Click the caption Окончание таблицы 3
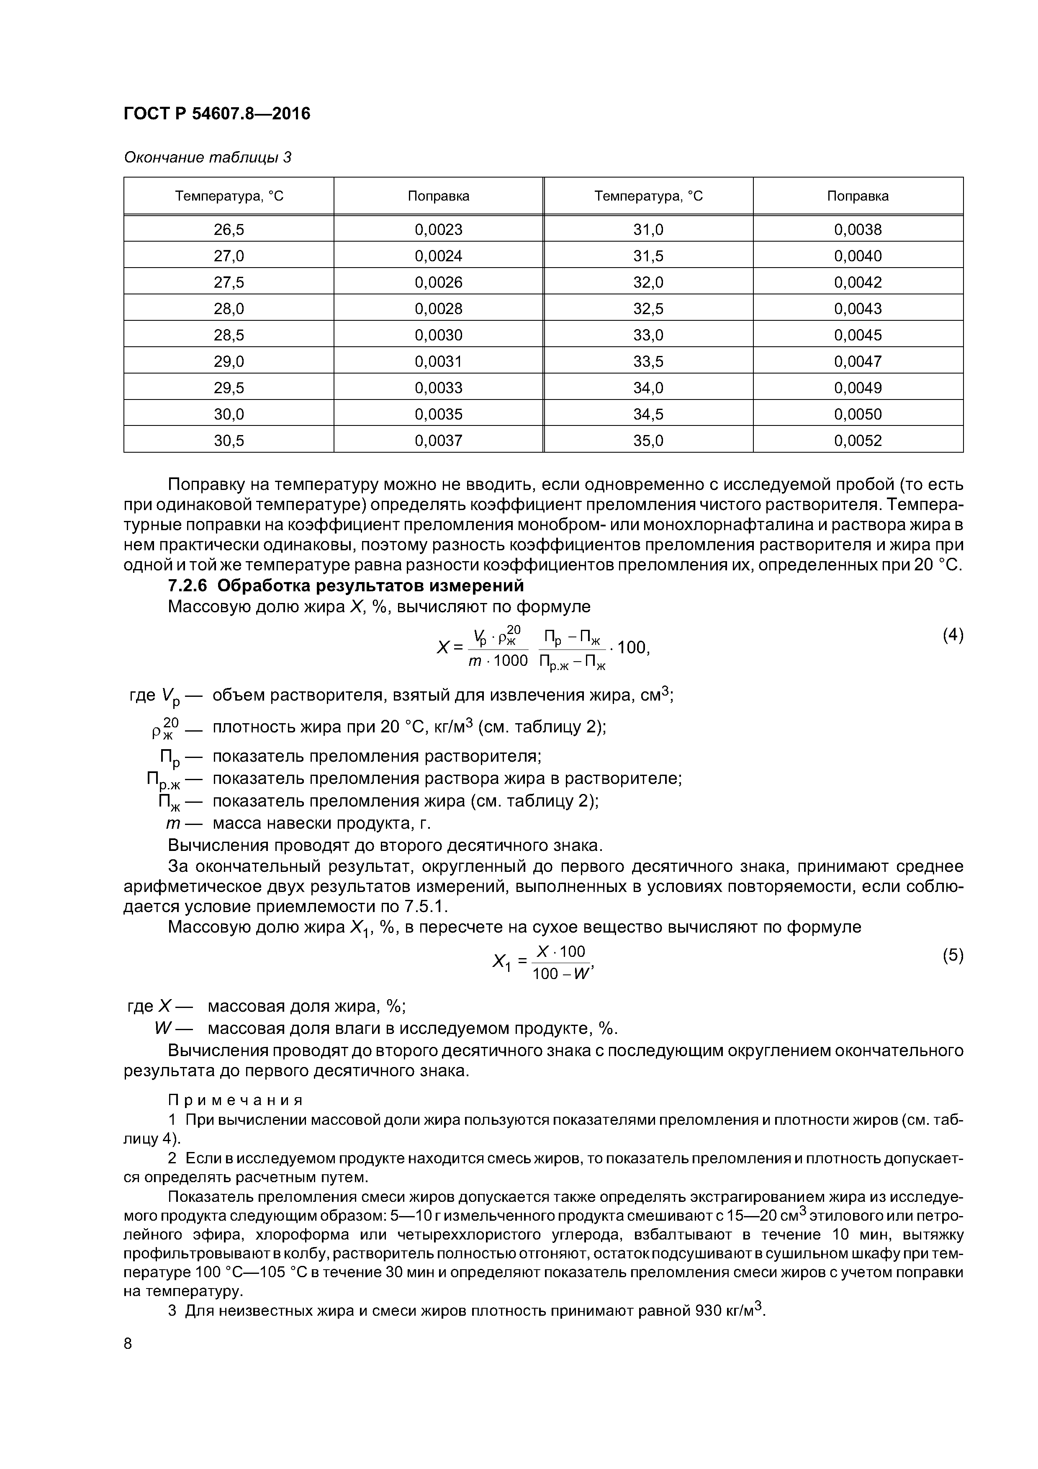(207, 157)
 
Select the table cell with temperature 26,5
(229, 229)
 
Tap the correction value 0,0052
(858, 440)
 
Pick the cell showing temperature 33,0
(648, 335)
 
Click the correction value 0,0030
(438, 335)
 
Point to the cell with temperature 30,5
(229, 440)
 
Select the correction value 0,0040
(858, 256)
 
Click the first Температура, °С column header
(229, 196)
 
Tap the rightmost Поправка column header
(858, 196)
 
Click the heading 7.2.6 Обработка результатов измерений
(345, 585)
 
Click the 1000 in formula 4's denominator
(510, 660)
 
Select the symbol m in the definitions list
(172, 823)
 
